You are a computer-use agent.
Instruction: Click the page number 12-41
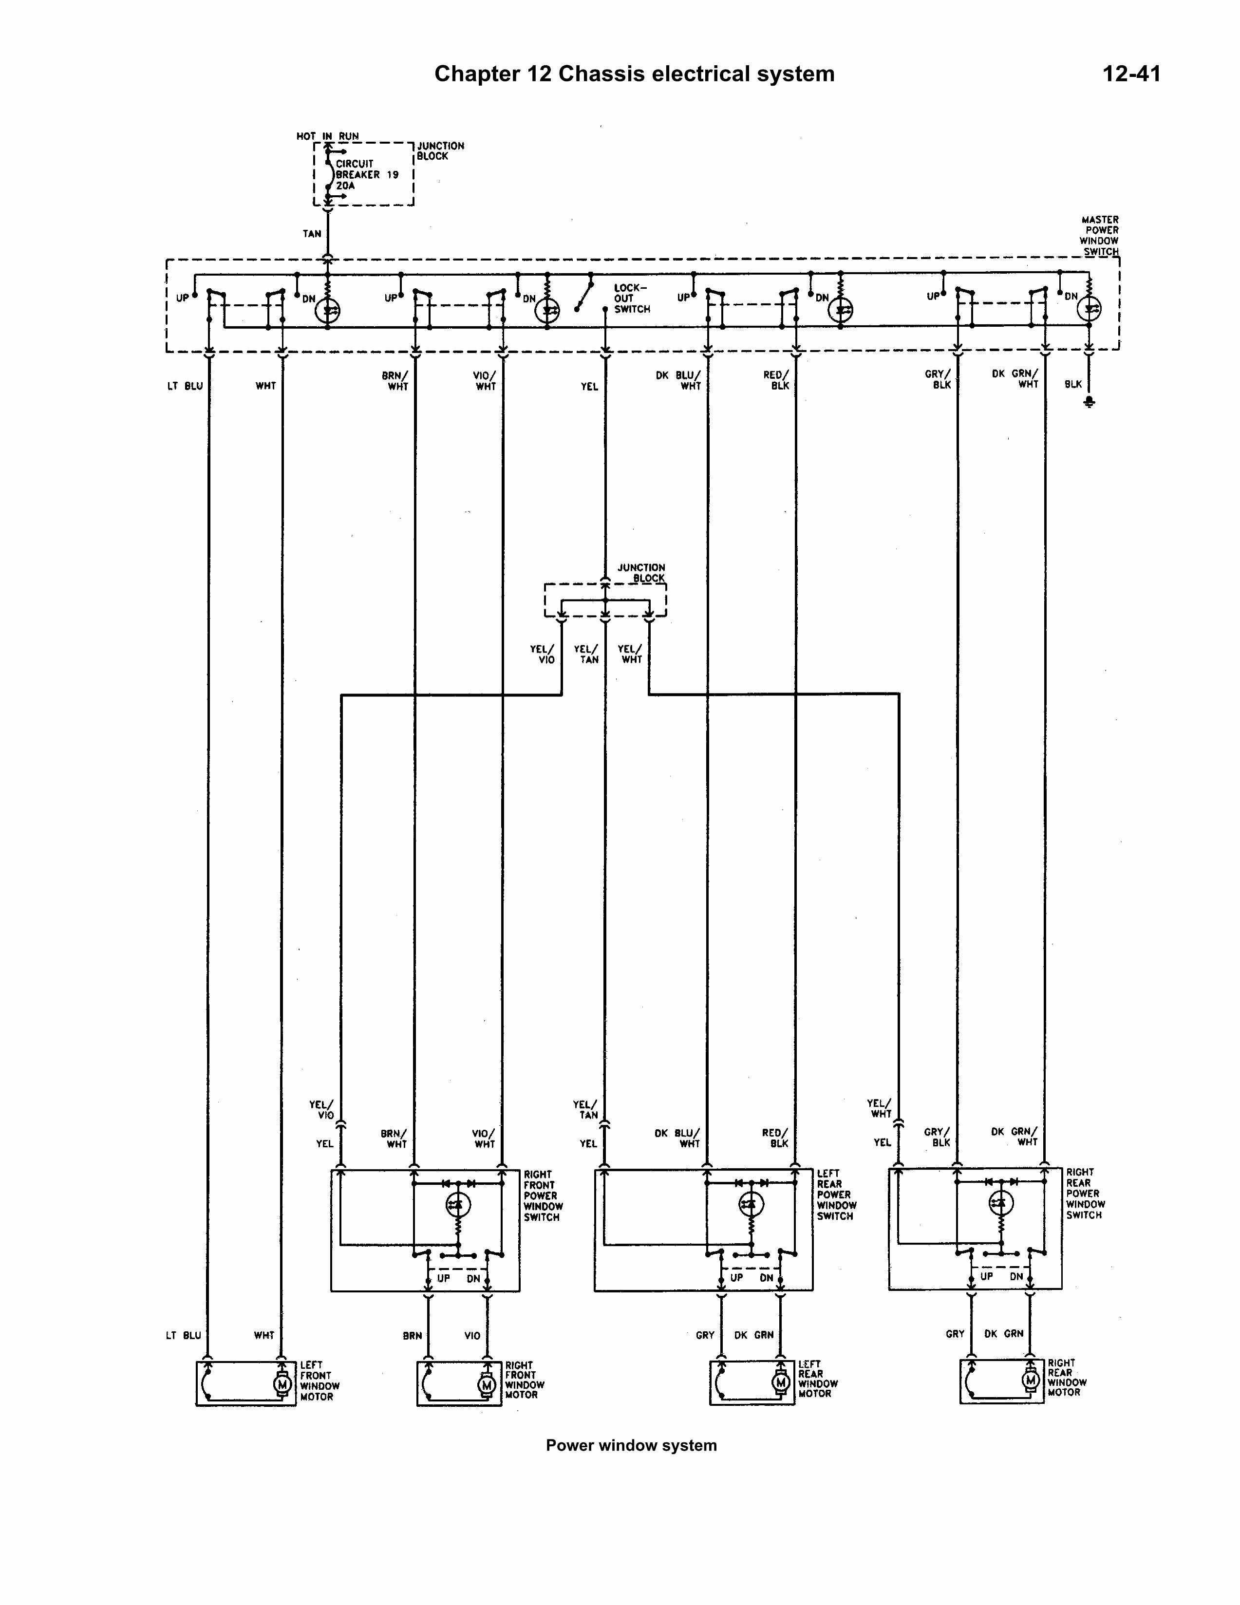1131,74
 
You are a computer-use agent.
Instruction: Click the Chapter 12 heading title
634,74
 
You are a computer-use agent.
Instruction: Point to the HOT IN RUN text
328,136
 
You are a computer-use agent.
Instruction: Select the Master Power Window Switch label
1100,235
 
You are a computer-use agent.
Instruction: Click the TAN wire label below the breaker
312,234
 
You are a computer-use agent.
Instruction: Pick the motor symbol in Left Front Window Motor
282,1384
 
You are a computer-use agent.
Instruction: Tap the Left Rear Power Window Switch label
836,1195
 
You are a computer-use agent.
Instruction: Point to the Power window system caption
631,1446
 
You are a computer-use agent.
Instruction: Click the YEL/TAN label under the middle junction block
586,654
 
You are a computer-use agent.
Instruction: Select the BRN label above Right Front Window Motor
413,1335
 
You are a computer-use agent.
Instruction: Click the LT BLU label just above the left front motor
184,1335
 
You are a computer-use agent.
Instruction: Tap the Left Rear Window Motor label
819,1379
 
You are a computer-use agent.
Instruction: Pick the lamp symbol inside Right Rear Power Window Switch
1000,1203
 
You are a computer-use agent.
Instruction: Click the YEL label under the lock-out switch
589,387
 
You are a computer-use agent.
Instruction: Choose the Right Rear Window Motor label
1067,1377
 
